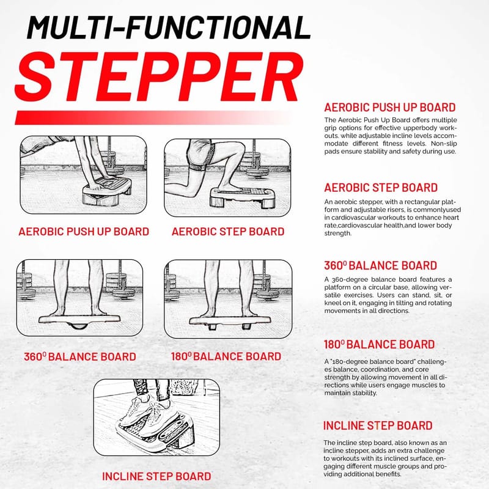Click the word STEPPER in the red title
159,77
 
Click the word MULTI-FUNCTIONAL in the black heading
169,28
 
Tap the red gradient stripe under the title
153,117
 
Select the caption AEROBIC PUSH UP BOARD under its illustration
84,232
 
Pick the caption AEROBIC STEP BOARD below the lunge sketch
228,232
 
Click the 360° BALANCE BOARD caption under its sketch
80,356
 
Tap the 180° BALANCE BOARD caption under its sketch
226,356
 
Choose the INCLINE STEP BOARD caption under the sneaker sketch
156,476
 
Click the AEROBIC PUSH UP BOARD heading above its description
390,108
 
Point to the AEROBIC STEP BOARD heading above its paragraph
381,188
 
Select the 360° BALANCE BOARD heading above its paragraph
380,266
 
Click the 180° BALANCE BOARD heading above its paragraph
379,345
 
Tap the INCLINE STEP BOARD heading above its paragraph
378,425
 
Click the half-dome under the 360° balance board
79,326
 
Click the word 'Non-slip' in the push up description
444,144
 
